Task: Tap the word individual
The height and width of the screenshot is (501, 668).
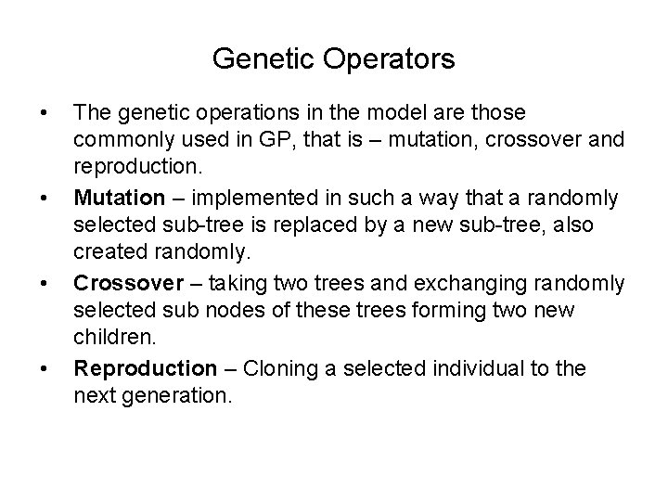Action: pos(499,368)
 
